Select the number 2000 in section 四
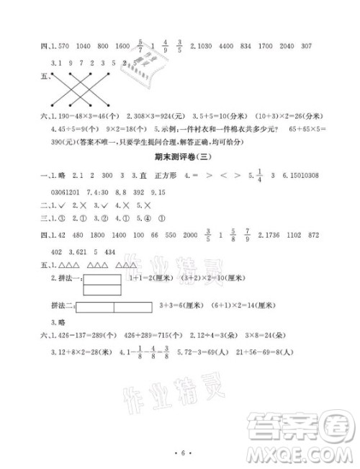pos(190,236)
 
